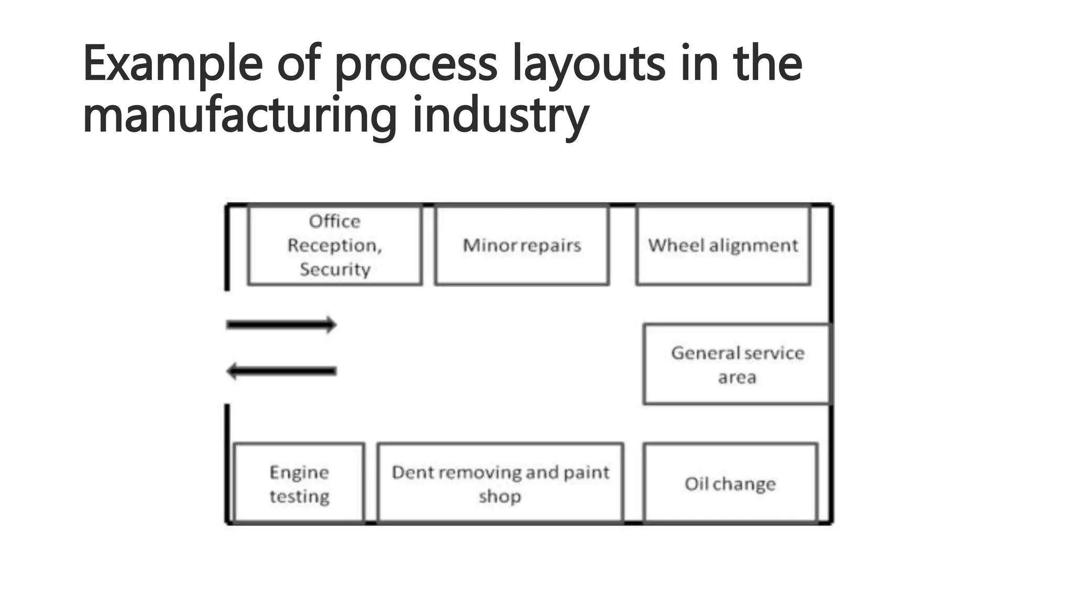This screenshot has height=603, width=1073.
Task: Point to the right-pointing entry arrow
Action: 281,325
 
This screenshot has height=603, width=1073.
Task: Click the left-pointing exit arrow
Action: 281,371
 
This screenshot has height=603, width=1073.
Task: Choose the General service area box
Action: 737,364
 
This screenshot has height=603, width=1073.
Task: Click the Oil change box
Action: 730,483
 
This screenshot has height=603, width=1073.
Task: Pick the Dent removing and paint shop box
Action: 500,483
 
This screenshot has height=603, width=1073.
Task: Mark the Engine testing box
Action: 299,483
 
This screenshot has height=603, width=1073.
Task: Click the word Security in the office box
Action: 335,270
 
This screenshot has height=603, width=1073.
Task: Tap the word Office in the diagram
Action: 335,221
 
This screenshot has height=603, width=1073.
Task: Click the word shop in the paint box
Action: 500,496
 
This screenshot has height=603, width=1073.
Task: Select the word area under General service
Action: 737,377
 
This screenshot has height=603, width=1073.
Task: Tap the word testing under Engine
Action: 299,496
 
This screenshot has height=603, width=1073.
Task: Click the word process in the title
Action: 415,66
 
